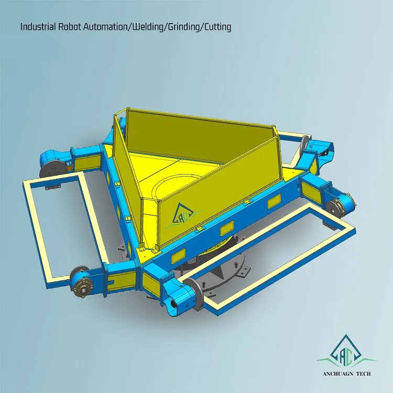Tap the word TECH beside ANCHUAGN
[367, 374]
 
